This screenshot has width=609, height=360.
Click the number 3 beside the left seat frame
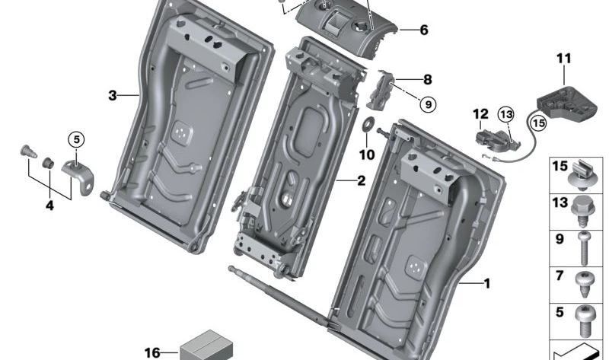pos(113,95)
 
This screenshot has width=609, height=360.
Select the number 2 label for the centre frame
pos(362,180)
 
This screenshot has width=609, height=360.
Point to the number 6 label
pos(423,30)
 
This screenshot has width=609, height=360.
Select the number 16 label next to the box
pos(152,352)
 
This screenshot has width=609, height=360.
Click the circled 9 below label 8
pos(427,104)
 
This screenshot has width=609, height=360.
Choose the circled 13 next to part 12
pos(506,115)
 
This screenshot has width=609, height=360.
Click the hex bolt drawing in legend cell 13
pos(582,208)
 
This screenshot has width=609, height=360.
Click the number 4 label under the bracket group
pos(49,205)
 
